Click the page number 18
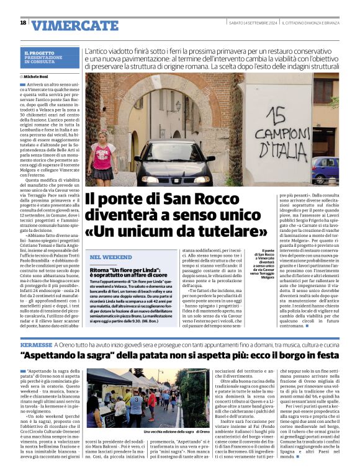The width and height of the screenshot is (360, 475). click(23, 23)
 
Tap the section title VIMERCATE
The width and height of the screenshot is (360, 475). click(74, 25)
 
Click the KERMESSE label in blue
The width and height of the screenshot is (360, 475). click(36, 344)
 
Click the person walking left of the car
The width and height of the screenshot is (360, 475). click(102, 160)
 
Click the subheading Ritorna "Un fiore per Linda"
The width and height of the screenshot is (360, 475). click(125, 272)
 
